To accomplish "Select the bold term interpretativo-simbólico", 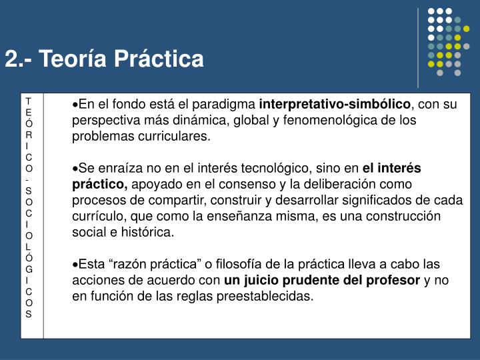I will click(x=335, y=105).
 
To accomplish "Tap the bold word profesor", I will click(x=393, y=281).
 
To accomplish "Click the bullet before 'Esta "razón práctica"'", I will click(x=75, y=265).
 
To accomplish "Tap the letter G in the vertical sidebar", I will click(x=29, y=269).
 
